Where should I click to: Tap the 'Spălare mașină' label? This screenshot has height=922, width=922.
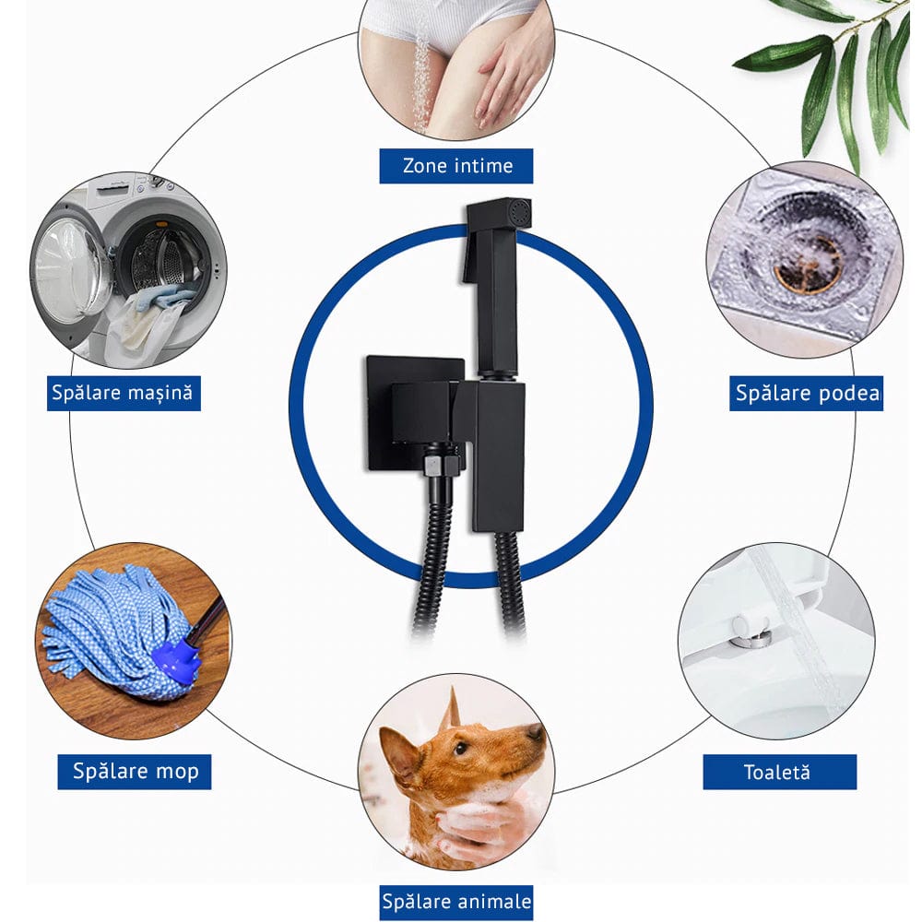click(124, 393)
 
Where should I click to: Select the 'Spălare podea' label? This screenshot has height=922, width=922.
click(807, 394)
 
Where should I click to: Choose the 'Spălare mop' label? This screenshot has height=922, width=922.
click(135, 771)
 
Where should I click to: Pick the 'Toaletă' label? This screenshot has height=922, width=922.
click(777, 772)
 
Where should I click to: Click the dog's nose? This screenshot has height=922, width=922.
click(536, 732)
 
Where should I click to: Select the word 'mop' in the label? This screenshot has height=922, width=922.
click(175, 771)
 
